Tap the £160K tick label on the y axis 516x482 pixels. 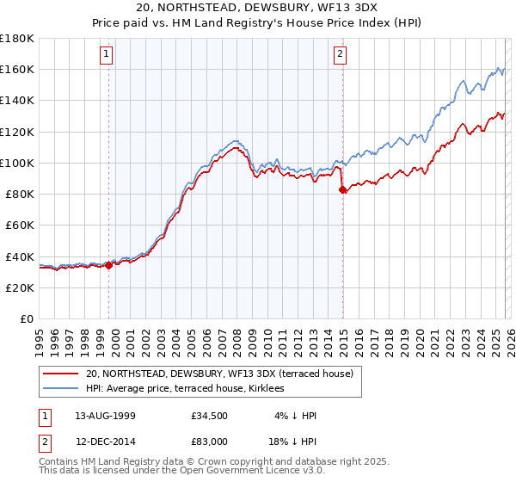(17, 69)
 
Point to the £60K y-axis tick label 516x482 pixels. (20, 225)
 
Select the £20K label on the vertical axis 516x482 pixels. (20, 287)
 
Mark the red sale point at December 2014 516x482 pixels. (343, 189)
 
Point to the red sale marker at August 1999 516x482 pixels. (109, 265)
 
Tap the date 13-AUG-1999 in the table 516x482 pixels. (101, 416)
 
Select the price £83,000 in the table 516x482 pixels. (210, 442)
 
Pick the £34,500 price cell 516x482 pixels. (210, 416)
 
